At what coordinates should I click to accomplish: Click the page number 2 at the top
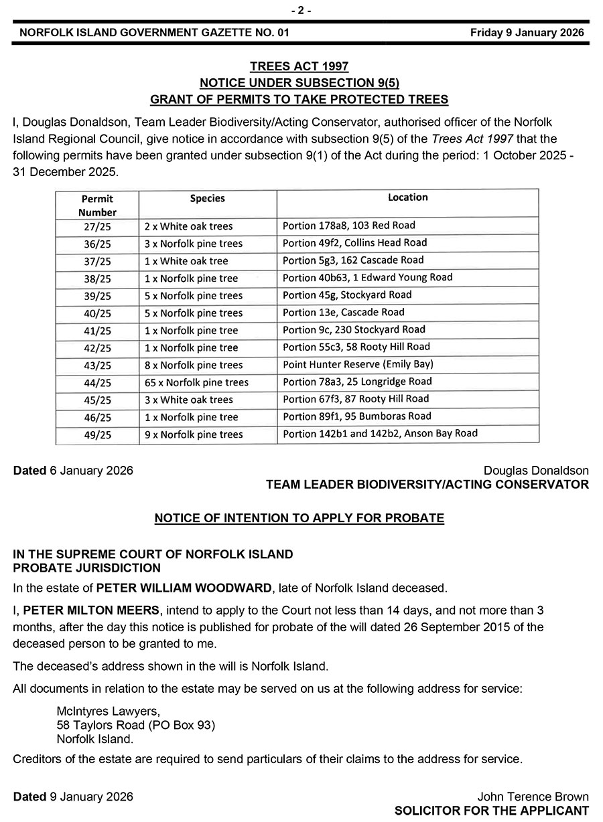click(301, 10)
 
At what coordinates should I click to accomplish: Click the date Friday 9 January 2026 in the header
click(527, 32)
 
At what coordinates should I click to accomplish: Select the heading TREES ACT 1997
click(299, 66)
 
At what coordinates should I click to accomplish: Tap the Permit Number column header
click(97, 205)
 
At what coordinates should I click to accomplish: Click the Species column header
click(208, 198)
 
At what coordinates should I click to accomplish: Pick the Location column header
click(407, 197)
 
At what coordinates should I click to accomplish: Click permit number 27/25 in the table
click(98, 226)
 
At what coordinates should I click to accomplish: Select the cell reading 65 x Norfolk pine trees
click(196, 383)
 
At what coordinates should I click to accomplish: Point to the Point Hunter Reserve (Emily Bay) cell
click(358, 364)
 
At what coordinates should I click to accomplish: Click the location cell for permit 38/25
click(368, 277)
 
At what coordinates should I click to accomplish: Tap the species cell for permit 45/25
click(188, 400)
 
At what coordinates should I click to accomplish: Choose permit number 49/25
click(98, 435)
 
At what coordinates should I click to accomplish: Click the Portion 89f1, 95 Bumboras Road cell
click(357, 416)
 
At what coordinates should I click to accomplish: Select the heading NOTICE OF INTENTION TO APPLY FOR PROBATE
click(299, 518)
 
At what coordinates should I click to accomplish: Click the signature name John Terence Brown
click(533, 797)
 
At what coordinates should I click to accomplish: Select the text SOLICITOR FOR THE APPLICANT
click(492, 811)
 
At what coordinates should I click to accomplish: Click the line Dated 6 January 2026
click(73, 471)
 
